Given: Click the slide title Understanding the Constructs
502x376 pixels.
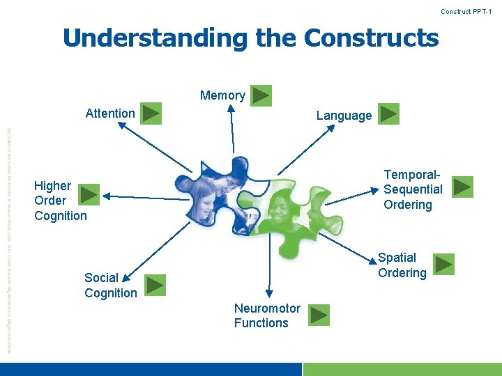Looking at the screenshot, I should click(250, 38).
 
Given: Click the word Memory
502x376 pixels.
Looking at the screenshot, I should click(222, 95).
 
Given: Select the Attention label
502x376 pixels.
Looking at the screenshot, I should click(110, 113).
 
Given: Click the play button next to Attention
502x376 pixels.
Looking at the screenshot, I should click(151, 113).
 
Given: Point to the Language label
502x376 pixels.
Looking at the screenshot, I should click(344, 116).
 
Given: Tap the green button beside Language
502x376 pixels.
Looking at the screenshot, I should click(389, 114).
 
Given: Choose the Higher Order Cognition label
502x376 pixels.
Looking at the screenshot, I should click(60, 201).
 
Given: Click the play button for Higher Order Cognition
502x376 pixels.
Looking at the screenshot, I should click(90, 194).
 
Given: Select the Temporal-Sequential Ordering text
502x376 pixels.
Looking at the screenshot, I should click(413, 189).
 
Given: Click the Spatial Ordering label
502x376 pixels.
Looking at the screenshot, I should click(402, 265).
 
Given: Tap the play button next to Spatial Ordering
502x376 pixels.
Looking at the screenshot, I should click(444, 265).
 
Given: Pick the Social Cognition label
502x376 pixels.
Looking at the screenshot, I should click(110, 285).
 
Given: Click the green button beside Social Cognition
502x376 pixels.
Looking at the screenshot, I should click(155, 285).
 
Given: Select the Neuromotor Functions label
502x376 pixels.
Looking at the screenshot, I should click(267, 315).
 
